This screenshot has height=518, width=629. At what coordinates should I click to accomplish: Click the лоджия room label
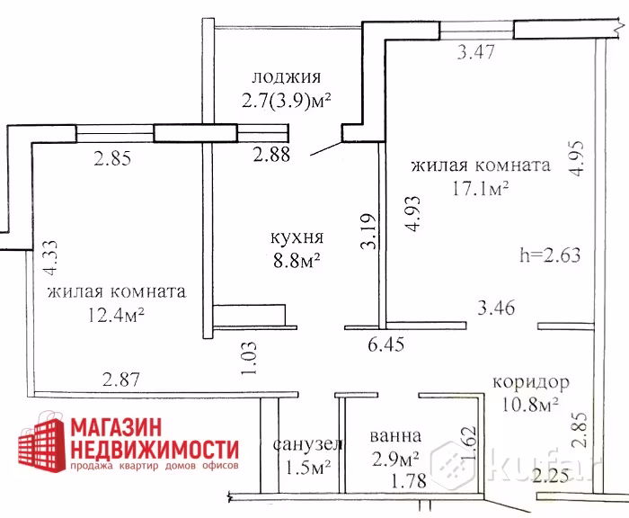point(287,77)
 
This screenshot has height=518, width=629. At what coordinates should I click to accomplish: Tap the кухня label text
point(297,237)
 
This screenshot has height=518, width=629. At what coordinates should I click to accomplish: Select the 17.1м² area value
point(481,188)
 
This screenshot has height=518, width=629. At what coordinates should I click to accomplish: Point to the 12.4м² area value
point(116,315)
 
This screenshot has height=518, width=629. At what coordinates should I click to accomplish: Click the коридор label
point(531,383)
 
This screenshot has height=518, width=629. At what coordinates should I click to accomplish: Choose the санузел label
point(307,444)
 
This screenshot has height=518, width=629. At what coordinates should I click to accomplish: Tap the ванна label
point(395,436)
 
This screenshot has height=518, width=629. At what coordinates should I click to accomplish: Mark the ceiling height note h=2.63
point(550,255)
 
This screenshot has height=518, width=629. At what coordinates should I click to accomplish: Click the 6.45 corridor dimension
point(385,344)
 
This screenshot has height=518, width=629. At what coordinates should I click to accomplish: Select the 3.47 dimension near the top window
point(475,52)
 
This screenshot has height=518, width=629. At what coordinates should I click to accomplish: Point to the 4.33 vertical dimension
point(51,257)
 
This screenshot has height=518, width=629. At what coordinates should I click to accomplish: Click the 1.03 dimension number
point(249,358)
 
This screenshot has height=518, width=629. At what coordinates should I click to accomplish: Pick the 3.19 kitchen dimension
point(368,231)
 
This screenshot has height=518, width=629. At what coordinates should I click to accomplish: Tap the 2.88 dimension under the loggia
point(271,155)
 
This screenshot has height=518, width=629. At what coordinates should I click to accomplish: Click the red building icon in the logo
point(41,440)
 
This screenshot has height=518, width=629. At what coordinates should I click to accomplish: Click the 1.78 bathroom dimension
point(408,480)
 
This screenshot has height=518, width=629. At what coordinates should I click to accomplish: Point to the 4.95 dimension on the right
point(577,158)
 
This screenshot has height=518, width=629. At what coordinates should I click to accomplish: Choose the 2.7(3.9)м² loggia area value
point(286,101)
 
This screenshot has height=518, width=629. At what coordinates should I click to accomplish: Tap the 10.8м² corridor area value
point(530,405)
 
